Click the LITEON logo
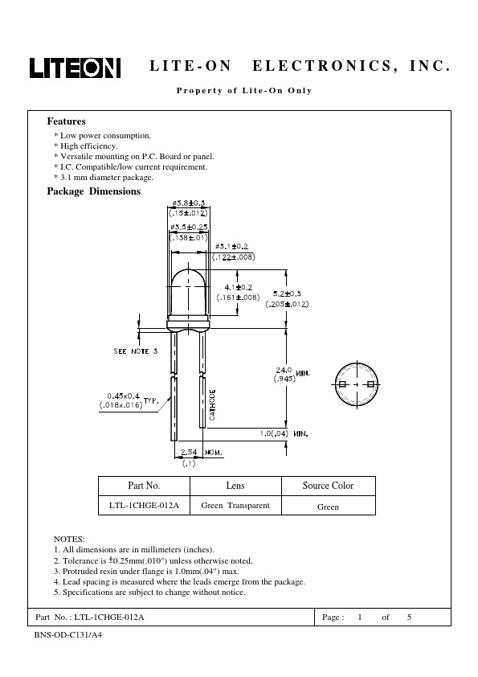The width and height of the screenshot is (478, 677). click(75, 68)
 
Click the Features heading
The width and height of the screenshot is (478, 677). click(67, 121)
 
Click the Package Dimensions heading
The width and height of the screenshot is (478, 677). click(94, 191)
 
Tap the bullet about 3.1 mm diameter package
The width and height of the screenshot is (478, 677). click(104, 178)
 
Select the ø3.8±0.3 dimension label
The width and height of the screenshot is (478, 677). click(189, 203)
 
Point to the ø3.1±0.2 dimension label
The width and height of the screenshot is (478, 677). click(232, 247)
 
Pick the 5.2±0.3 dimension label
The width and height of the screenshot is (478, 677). click(287, 293)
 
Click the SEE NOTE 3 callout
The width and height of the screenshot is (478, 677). click(136, 351)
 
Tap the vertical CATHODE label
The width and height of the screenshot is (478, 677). click(212, 404)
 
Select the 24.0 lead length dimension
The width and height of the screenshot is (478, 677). click(284, 370)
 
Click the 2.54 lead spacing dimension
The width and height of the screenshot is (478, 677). click(189, 452)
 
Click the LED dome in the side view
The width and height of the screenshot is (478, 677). click(188, 294)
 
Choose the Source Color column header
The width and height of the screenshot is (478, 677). click(328, 486)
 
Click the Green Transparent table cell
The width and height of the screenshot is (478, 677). click(235, 506)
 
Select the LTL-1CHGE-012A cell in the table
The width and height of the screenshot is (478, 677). click(144, 506)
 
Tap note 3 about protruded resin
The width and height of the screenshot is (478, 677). click(147, 571)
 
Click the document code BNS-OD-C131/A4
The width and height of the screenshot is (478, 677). click(68, 635)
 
